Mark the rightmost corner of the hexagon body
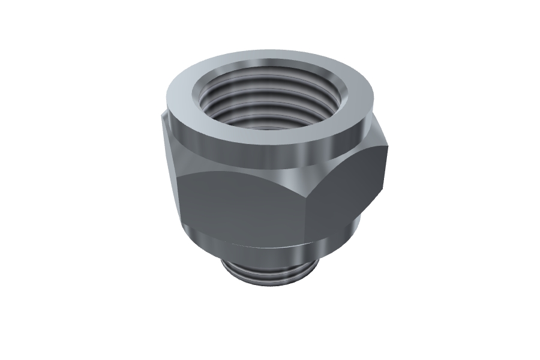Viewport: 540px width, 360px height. pyautogui.click(x=386, y=144)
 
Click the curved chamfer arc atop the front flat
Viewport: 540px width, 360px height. pyautogui.click(x=240, y=174)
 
